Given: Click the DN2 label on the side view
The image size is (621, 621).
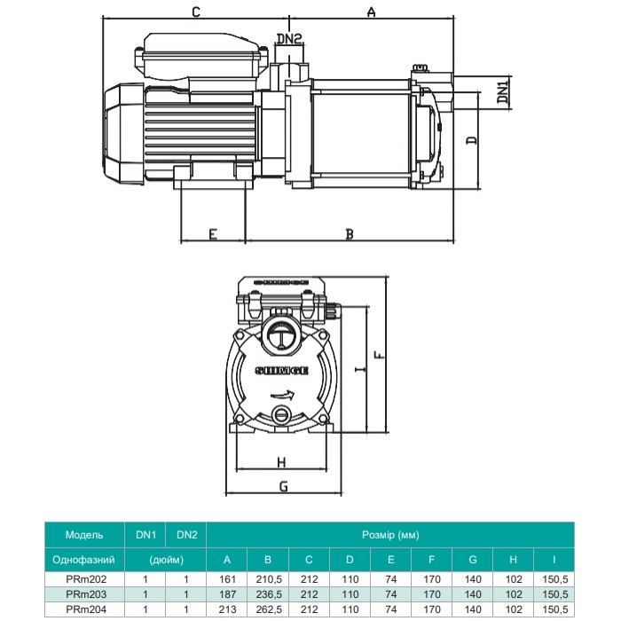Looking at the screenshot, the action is (289, 38).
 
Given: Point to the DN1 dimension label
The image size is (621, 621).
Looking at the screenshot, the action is (503, 92).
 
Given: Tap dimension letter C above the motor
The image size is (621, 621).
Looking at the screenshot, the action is (196, 12).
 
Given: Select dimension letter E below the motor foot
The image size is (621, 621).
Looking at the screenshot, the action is (213, 234).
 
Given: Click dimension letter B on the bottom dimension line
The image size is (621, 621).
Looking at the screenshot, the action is (350, 234).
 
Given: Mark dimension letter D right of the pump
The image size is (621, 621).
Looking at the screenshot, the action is (472, 140).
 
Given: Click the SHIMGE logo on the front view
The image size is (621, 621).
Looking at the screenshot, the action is (281, 371).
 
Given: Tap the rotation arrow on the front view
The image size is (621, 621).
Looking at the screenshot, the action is (282, 395).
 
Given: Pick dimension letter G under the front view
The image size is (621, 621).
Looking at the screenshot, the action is (284, 486).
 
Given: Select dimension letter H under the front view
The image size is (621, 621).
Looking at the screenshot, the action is (281, 462).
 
